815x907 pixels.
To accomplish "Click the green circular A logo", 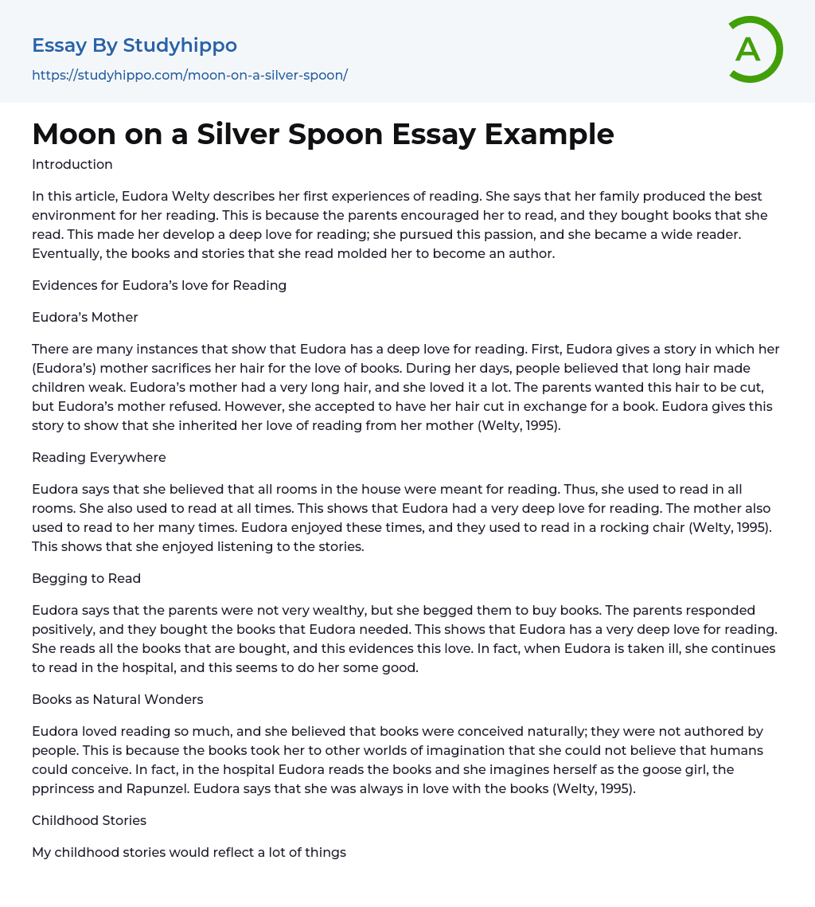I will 755,49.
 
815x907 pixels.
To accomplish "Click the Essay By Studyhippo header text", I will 135,45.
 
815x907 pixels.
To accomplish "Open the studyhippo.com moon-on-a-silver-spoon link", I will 189,75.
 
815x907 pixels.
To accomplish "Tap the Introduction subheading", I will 72,165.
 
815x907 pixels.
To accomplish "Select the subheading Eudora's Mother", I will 85,317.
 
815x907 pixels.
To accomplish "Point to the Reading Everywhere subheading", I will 98,457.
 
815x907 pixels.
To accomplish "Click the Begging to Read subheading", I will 86,578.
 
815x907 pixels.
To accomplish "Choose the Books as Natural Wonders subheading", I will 118,699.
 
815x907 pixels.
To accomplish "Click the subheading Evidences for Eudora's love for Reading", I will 159,285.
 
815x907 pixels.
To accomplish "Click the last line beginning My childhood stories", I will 189,852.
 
